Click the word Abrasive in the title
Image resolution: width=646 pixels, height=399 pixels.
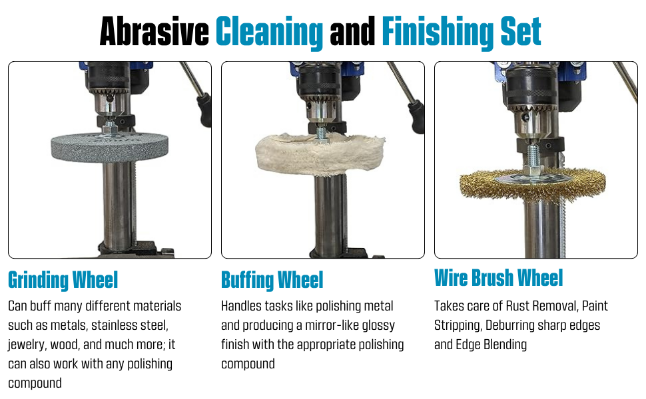click(155, 31)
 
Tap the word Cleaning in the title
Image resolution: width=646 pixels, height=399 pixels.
click(270, 33)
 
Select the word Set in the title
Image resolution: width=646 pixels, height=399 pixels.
click(520, 31)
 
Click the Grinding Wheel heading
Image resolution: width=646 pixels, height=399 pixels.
click(63, 281)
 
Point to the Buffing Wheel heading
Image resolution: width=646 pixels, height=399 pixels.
click(272, 281)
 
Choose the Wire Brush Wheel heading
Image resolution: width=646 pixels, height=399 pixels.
click(499, 278)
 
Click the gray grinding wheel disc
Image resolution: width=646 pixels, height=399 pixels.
click(109, 147)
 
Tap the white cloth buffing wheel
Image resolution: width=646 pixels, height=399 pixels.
click(320, 154)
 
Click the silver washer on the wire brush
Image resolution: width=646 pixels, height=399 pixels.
click(532, 178)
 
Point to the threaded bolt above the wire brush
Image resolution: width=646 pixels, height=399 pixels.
click(533, 156)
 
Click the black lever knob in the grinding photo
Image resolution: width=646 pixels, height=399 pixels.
click(204, 110)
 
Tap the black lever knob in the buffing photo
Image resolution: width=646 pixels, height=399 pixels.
click(416, 116)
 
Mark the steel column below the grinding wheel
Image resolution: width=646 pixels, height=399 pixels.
click(119, 204)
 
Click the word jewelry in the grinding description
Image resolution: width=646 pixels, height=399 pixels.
click(27, 344)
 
